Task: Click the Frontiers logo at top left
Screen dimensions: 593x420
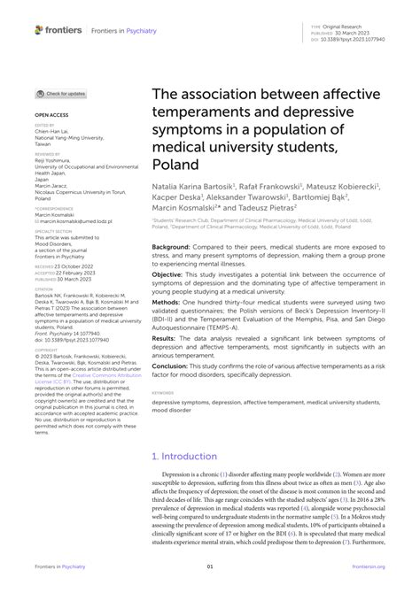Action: click(58, 29)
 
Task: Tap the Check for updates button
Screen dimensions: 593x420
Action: click(61, 93)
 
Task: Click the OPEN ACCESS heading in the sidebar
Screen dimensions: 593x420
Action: click(51, 115)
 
